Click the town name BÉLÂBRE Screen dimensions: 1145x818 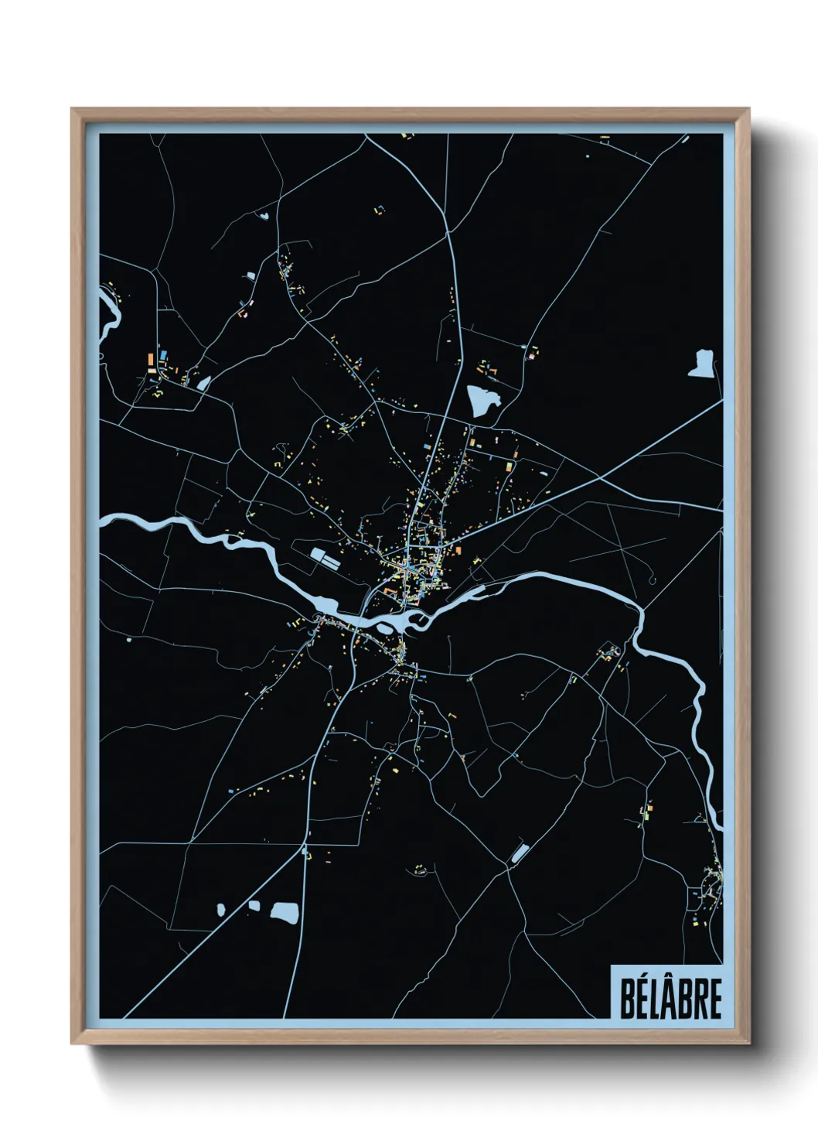(x=670, y=999)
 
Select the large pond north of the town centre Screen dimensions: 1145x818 (x=482, y=401)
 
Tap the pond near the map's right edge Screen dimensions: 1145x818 (x=701, y=364)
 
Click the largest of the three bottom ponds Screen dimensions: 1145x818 (x=284, y=912)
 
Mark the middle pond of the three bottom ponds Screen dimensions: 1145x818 (x=254, y=904)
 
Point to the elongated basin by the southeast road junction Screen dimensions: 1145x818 (x=519, y=853)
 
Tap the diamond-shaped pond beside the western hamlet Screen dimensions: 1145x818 (x=203, y=382)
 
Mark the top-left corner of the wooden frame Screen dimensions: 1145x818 (x=73, y=110)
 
